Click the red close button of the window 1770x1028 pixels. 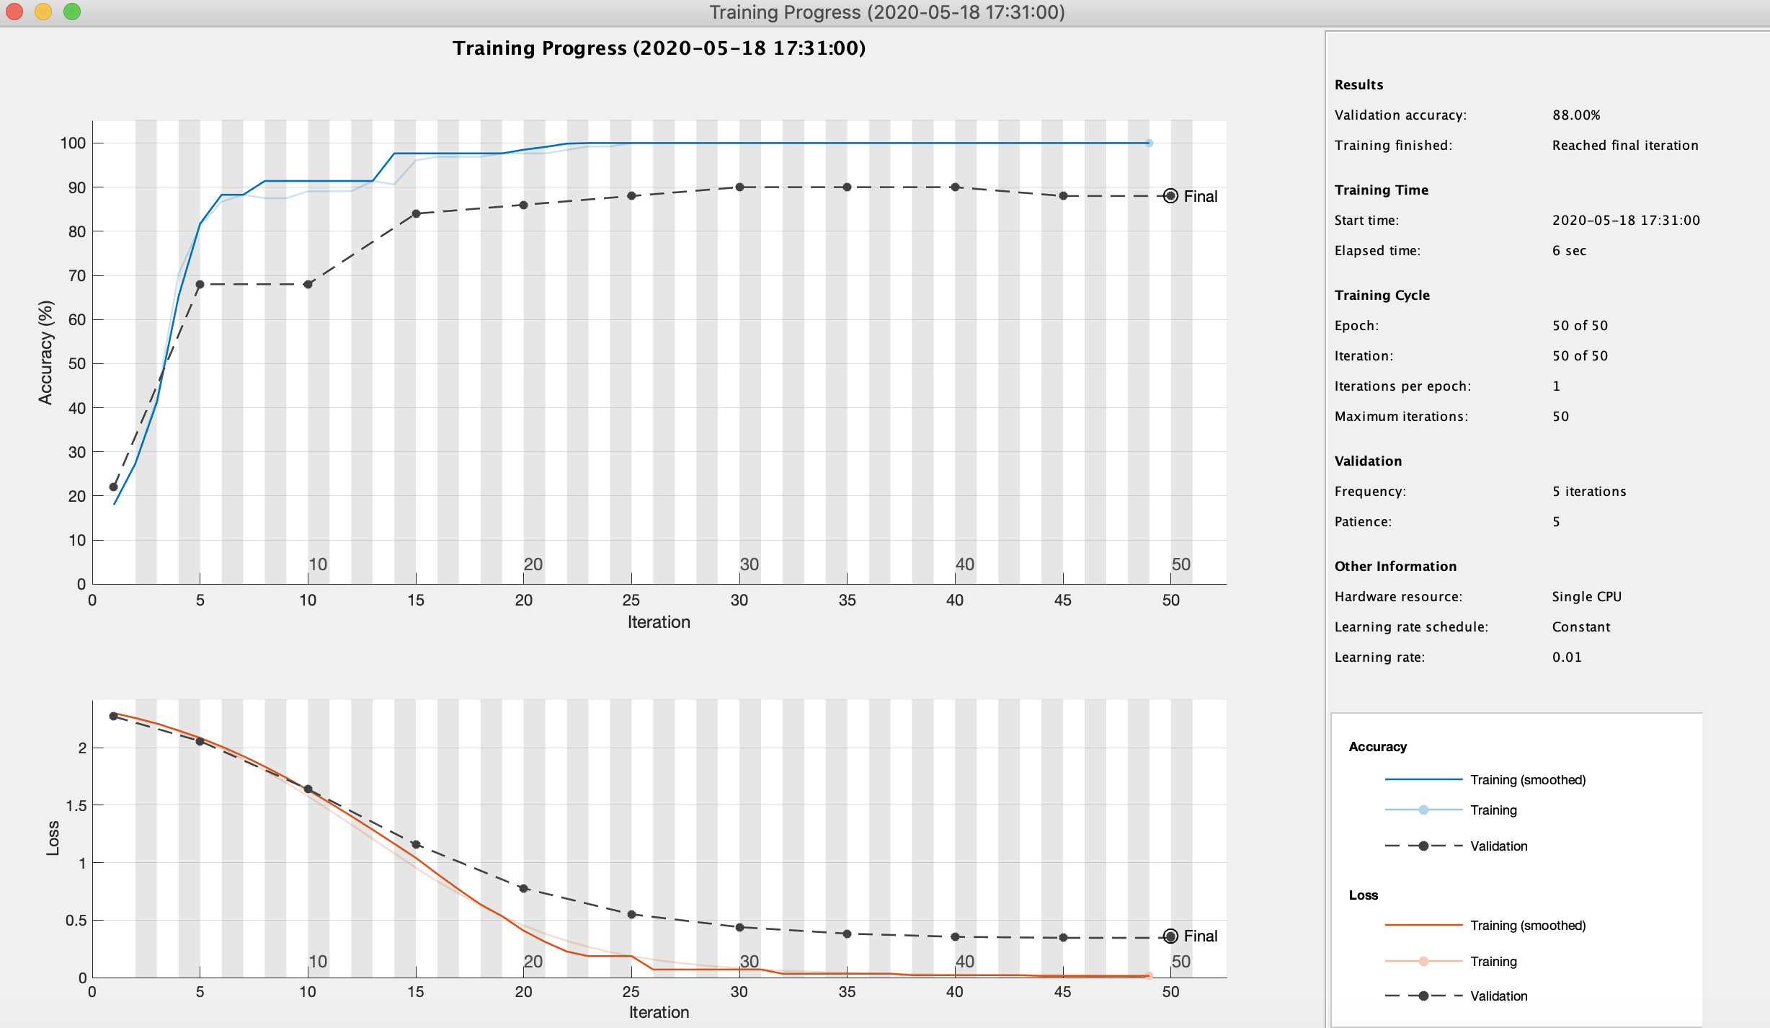coord(14,12)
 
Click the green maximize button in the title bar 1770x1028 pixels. coord(72,12)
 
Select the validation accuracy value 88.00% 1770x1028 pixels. coord(1576,115)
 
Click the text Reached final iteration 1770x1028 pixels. coord(1624,146)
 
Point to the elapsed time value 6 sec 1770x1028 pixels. coord(1569,251)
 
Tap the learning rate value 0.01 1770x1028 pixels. coord(1567,657)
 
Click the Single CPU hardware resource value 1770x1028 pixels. coord(1586,597)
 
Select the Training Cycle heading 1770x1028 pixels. coord(1382,296)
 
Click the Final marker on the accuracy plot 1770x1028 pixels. coord(1171,196)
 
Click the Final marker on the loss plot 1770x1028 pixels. coord(1171,936)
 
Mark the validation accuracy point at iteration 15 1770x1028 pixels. coord(416,213)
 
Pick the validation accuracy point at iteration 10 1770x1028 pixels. coord(308,284)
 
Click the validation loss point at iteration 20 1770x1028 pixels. coord(524,888)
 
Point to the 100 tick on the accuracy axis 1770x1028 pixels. coord(73,143)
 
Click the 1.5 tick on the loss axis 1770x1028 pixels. coord(76,805)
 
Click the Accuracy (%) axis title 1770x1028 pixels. coord(45,353)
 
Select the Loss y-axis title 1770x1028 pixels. coord(53,838)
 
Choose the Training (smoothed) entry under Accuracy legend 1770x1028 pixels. coord(1527,780)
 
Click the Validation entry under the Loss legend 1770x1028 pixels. coord(1498,996)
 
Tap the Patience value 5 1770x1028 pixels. coord(1557,522)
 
